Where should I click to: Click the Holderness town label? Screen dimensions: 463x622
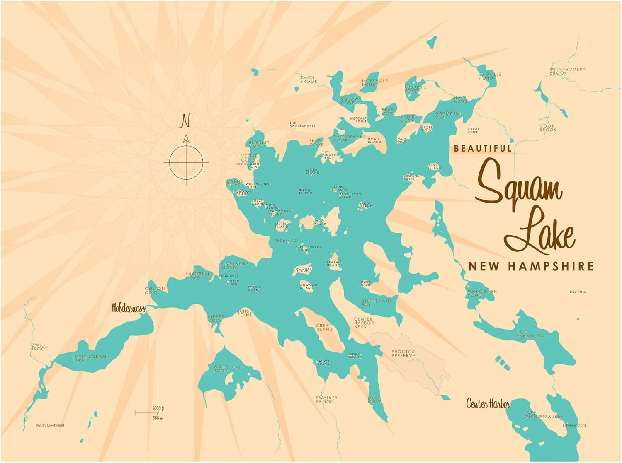coord(129,309)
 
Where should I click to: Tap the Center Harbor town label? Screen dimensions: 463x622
coord(488,403)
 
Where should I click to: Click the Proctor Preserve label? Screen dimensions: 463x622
coord(403,354)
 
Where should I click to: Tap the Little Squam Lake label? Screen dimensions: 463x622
coord(89,359)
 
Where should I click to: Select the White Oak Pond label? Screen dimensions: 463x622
coord(227,369)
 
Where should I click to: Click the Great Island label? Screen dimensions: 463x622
coord(324,328)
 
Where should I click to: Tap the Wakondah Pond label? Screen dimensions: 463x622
coord(482,293)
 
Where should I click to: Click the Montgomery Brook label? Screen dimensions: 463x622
coord(567,71)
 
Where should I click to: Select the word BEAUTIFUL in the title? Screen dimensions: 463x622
coord(483,148)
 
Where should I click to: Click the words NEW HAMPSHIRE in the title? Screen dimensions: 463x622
coord(531,266)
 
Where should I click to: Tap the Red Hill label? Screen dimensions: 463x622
coord(578,292)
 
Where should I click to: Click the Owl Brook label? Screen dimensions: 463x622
coord(39,347)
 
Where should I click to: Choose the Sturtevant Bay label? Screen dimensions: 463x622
coord(376,303)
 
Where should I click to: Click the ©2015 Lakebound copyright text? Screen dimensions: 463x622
coord(50,425)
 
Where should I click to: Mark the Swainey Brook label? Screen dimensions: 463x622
coord(327,400)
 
